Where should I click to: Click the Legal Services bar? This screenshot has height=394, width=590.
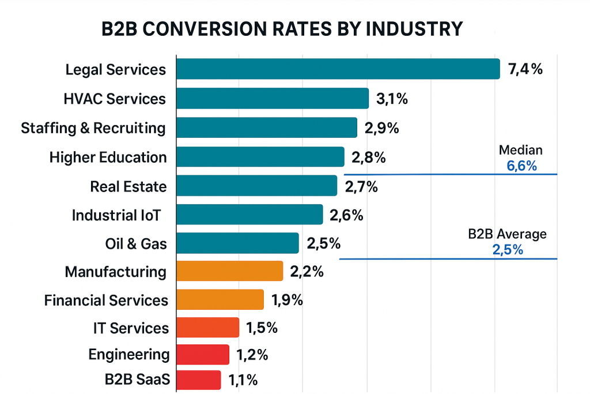tap(338, 69)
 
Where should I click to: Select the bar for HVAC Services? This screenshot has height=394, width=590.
tap(272, 99)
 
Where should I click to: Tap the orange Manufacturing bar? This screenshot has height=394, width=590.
tap(229, 271)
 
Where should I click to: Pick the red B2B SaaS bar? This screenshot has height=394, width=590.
tap(198, 380)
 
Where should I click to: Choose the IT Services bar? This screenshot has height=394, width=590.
tap(207, 328)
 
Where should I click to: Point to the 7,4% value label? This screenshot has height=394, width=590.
tap(525, 70)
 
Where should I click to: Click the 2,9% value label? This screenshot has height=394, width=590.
tap(382, 128)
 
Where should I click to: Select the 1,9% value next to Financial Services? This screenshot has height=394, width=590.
tap(286, 300)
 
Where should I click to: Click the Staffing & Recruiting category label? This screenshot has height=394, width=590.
tap(93, 128)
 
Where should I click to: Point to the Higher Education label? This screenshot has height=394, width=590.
tap(108, 157)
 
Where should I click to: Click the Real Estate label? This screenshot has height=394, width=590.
tap(128, 186)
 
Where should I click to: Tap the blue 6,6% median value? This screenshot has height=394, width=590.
tap(521, 166)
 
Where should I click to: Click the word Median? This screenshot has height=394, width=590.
tap(520, 151)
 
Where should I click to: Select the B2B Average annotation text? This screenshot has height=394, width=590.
tap(507, 234)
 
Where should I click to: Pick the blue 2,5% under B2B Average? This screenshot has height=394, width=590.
tap(508, 250)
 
